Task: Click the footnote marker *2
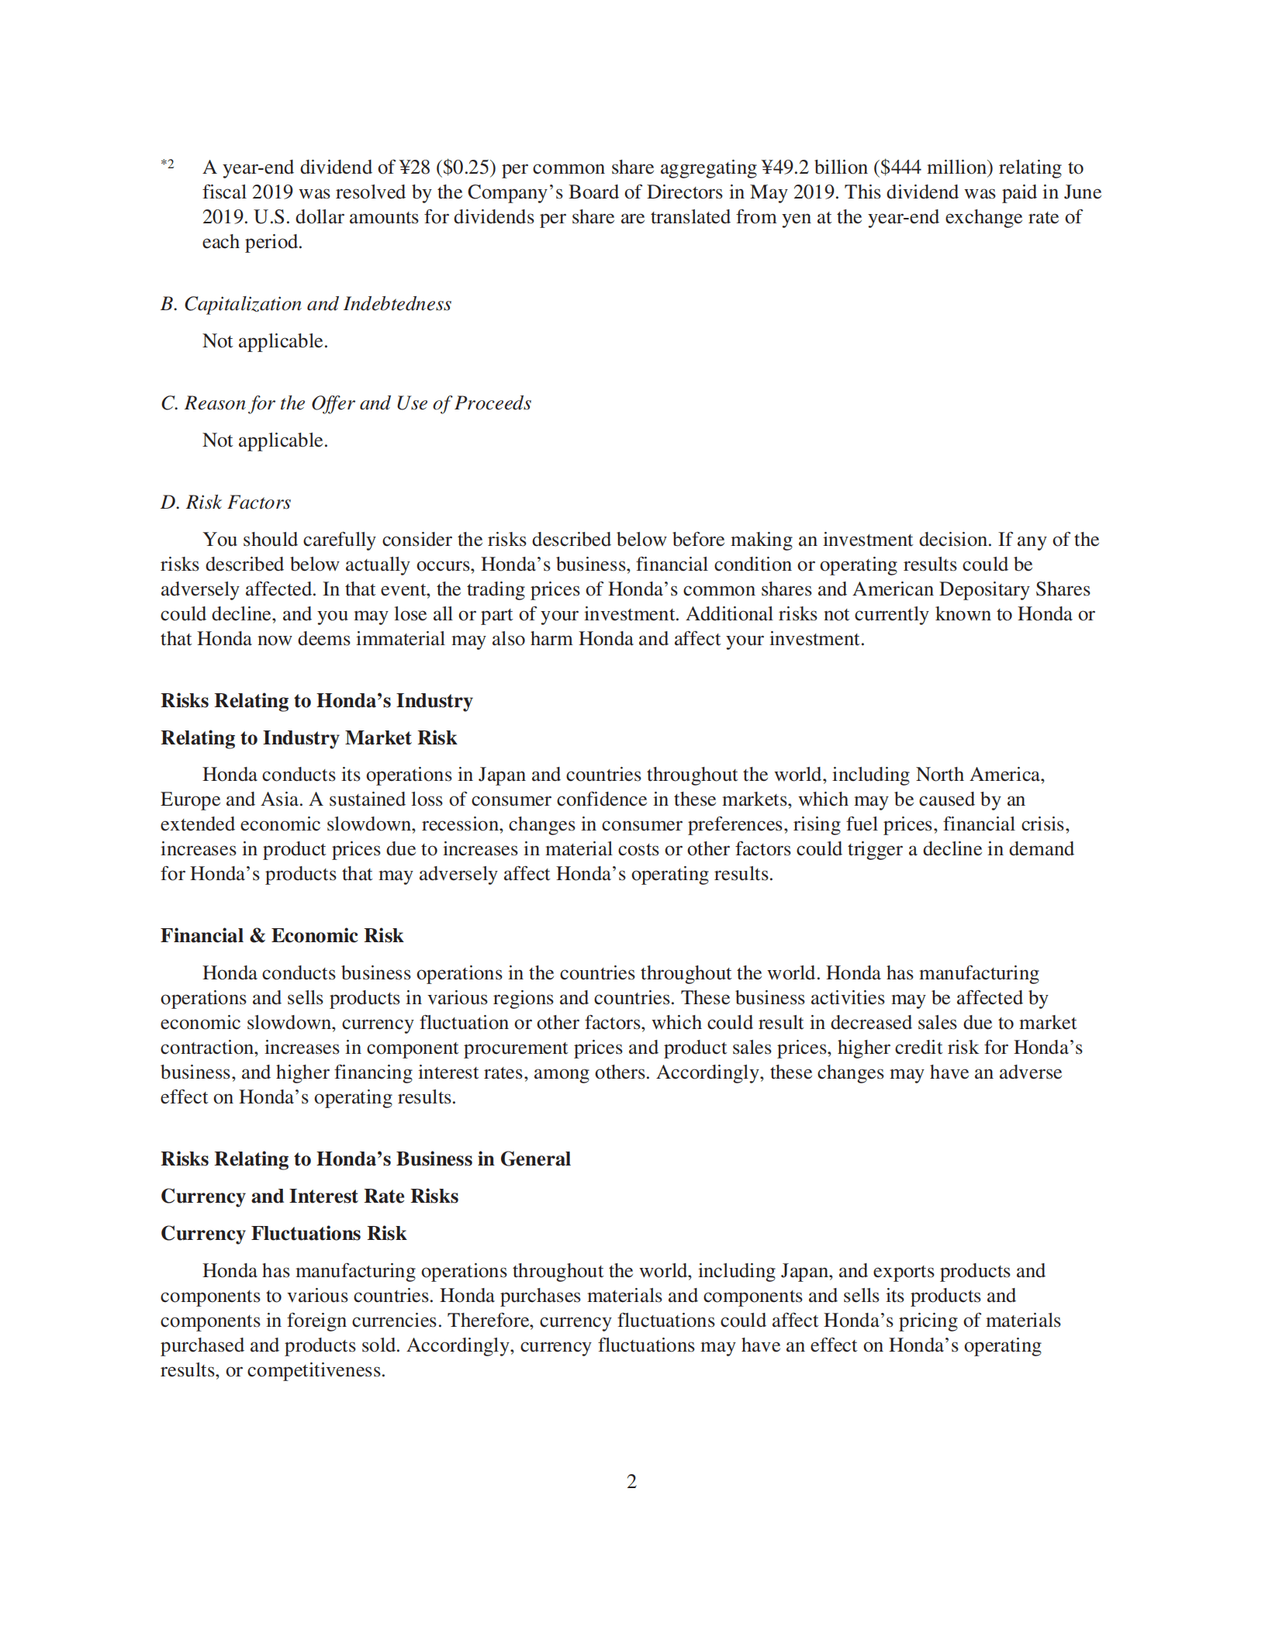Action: click(167, 164)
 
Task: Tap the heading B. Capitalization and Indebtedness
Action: click(306, 304)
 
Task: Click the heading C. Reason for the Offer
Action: click(345, 403)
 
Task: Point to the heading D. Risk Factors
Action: click(226, 502)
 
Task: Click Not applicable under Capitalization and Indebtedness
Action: click(265, 341)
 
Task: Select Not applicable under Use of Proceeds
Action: click(265, 440)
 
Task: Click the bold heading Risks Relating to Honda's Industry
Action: click(316, 701)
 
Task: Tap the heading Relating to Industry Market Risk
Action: click(309, 738)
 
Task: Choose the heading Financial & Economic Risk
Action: click(282, 936)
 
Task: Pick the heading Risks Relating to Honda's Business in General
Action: click(365, 1159)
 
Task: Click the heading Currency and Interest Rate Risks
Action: click(309, 1197)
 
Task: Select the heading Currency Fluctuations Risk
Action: click(283, 1234)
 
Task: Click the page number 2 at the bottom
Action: click(631, 1482)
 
